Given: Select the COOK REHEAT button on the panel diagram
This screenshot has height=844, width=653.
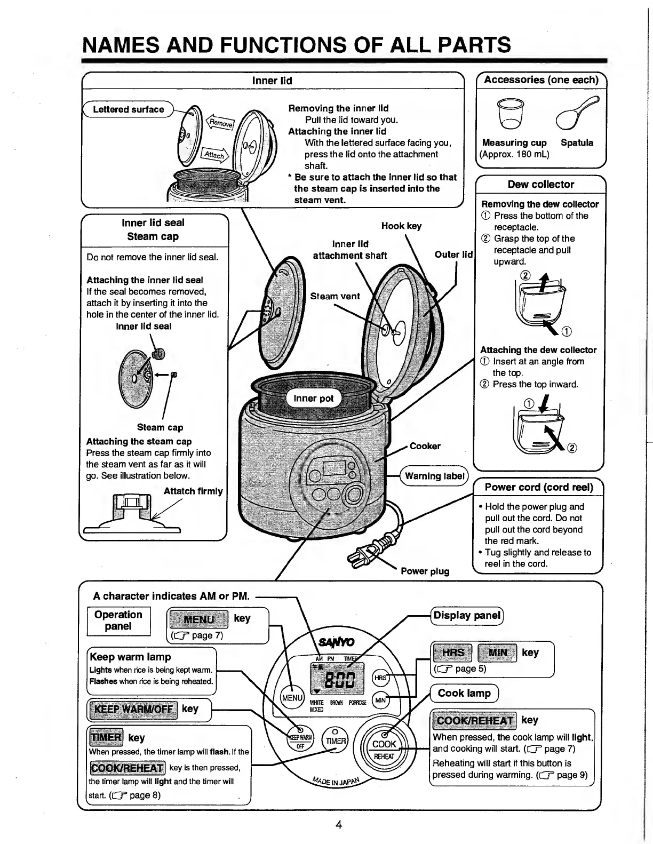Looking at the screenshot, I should pos(384,749).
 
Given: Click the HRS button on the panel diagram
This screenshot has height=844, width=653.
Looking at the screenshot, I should pos(380,678).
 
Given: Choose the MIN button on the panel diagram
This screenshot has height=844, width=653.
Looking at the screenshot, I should pos(380,700).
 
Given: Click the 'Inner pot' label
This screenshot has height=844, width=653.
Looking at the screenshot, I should pos(314,398).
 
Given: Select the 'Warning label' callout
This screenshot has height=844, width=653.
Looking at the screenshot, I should pos(434,476).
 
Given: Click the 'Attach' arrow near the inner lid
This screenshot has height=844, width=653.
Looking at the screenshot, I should pos(214,155).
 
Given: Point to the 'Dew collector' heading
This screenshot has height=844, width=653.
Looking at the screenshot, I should pos(540,185).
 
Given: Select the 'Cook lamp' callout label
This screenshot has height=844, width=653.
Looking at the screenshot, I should pos(464,693).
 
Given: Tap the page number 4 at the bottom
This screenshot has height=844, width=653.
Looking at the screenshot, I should pos(338,824).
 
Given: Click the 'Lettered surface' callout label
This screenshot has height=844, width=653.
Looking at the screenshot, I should pos(129,109).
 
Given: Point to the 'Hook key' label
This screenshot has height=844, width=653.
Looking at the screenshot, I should pos(401,226).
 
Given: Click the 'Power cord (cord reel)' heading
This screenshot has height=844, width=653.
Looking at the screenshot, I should pos(538,487).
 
